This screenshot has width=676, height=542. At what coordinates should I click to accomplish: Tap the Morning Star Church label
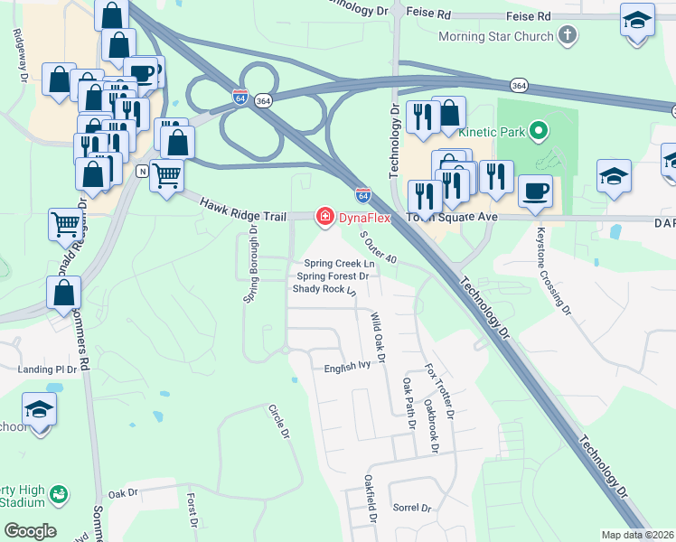495,37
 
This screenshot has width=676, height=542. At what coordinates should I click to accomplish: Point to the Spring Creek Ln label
336,264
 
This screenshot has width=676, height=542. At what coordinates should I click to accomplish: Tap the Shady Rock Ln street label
324,289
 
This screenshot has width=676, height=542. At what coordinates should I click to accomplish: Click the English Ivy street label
348,368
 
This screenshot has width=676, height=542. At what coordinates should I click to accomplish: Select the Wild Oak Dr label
378,338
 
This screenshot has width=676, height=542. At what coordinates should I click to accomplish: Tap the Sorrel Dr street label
412,508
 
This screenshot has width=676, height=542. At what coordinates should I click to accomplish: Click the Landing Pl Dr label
48,369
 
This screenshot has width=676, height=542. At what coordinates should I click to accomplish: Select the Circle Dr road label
278,422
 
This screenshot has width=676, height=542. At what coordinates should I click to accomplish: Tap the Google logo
30,531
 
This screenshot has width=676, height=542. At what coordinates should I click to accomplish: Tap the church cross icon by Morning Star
567,36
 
